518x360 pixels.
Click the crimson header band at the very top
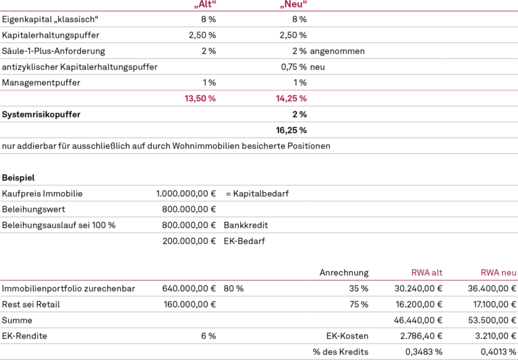357,7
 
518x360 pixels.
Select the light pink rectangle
92,99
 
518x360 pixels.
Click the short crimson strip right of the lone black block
464,274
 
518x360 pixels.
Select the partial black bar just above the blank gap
166,147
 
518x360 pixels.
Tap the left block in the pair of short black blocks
33,211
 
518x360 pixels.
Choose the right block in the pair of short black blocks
189,211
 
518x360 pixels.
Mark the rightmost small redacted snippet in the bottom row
498,351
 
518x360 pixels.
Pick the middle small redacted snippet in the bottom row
424,351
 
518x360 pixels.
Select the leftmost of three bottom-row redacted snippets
341,351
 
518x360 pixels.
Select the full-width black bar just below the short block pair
259,226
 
